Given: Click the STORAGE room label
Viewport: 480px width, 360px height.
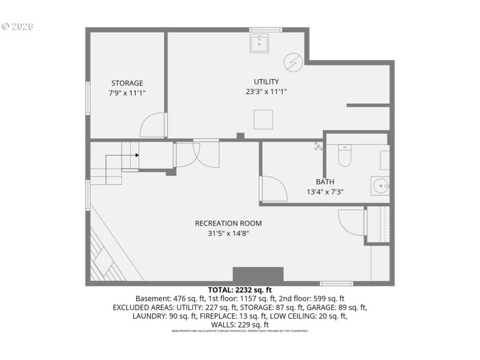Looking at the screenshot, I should (127, 83).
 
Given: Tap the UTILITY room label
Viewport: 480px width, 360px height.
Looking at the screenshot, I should (266, 82).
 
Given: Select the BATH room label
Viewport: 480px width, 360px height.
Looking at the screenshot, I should (325, 182).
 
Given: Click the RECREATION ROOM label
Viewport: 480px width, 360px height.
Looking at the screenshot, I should (228, 223).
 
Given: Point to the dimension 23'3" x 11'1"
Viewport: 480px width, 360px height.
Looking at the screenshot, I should (266, 92).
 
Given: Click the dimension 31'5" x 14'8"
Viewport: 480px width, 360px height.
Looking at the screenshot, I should (228, 233).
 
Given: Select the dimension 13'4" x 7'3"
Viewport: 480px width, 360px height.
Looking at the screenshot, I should (325, 192).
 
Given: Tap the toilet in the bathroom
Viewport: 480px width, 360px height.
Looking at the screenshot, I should (344, 156).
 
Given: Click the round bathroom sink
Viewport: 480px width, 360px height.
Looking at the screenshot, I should (379, 185).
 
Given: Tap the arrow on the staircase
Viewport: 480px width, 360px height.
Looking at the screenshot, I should (137, 155).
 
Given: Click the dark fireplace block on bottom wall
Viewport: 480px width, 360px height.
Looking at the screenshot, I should (258, 275).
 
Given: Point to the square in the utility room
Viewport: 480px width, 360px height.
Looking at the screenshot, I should (263, 119).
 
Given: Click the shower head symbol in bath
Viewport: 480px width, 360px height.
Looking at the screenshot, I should (318, 146).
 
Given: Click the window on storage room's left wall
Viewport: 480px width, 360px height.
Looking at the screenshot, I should (88, 97).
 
